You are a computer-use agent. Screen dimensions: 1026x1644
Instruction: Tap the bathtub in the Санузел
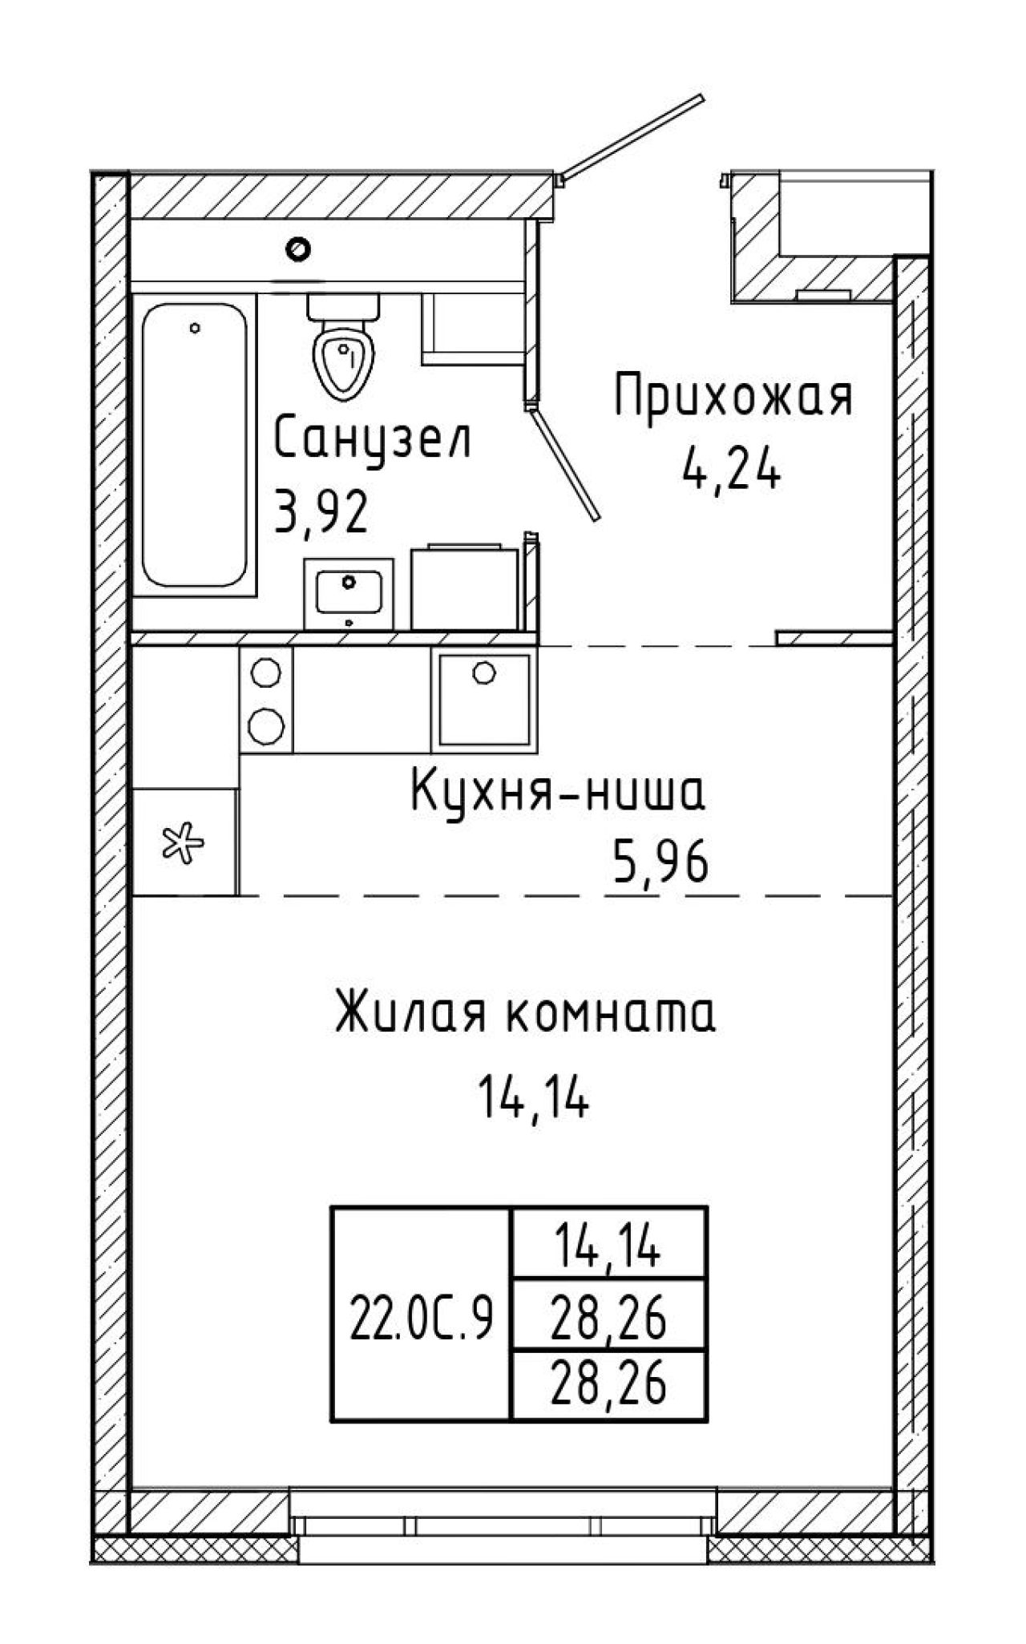194,445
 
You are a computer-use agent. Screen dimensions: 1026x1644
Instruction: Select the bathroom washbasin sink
349,594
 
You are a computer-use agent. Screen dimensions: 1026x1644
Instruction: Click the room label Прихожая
733,398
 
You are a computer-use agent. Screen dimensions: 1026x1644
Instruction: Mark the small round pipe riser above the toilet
299,249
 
